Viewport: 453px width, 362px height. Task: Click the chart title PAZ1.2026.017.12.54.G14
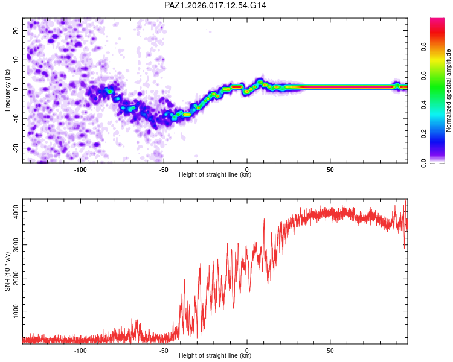[x=216, y=5]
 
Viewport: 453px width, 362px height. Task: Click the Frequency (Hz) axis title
[x=7, y=91]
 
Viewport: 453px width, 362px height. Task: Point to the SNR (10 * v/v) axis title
[x=7, y=271]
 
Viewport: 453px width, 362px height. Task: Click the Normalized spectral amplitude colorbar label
[x=449, y=91]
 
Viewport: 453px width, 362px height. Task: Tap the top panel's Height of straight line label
[x=215, y=174]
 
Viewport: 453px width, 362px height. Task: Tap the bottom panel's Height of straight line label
[x=215, y=355]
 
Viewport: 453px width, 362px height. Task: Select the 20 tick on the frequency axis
[x=15, y=30]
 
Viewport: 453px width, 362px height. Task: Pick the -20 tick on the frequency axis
[x=15, y=148]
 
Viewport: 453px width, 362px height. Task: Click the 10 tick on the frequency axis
[x=15, y=60]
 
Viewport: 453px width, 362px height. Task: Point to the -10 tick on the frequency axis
[x=15, y=118]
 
